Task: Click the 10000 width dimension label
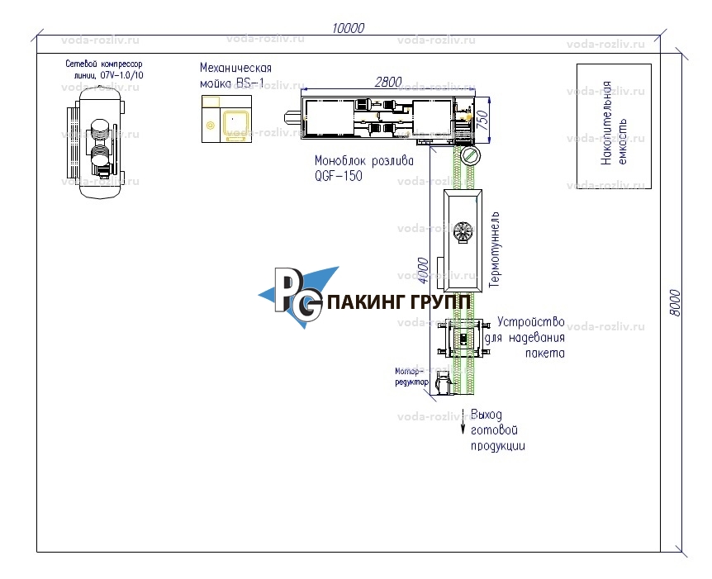pos(348,27)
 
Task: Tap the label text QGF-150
pos(338,176)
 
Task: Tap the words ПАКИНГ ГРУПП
pos(400,302)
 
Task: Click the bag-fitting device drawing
pos(463,339)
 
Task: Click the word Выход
pos(486,415)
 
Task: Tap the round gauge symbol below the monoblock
pos(470,155)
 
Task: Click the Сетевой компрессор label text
pos(104,64)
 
